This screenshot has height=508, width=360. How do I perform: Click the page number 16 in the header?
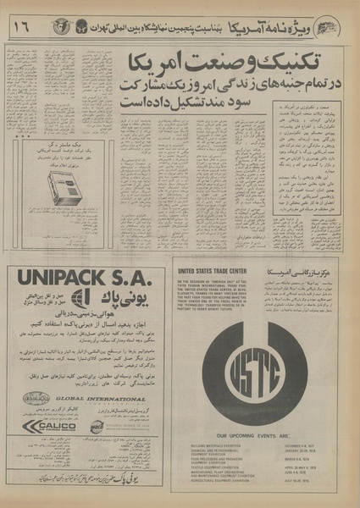click(17, 27)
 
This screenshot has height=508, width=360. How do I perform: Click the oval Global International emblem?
click(36, 396)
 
